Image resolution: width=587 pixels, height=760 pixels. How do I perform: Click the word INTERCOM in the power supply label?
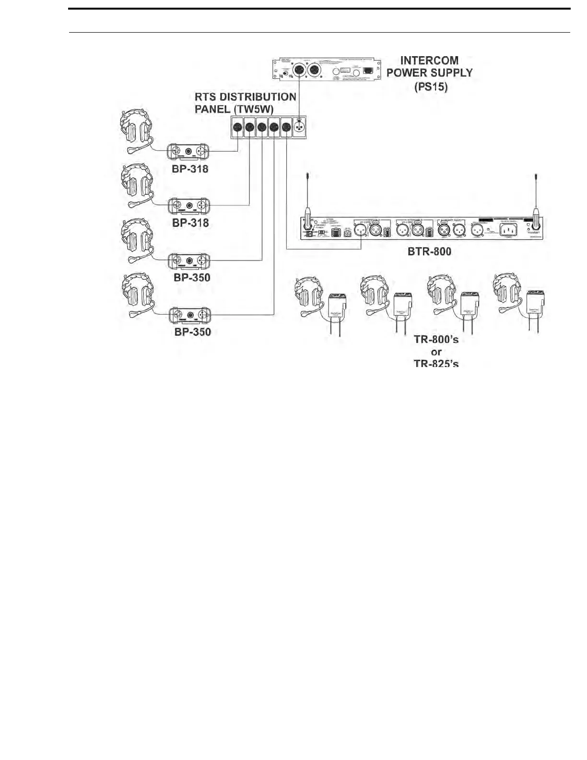click(x=429, y=60)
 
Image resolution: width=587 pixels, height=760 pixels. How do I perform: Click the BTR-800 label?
click(x=429, y=251)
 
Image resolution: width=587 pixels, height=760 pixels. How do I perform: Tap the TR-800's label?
click(x=436, y=340)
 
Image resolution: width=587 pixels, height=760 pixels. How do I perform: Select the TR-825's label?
click(x=436, y=363)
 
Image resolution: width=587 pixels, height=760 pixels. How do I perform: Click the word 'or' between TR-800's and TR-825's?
click(x=436, y=352)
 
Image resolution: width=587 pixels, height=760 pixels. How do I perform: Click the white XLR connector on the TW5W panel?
click(x=299, y=128)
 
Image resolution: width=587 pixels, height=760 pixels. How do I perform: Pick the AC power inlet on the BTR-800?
click(x=508, y=230)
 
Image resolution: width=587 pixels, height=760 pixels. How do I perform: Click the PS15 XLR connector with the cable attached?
click(x=299, y=70)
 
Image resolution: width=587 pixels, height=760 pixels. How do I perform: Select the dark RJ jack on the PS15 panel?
click(x=368, y=70)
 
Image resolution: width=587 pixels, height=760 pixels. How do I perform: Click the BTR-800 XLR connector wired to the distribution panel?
click(x=361, y=230)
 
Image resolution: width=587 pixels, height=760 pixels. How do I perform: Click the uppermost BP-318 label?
click(x=190, y=169)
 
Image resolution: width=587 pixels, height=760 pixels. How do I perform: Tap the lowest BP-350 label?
click(x=192, y=332)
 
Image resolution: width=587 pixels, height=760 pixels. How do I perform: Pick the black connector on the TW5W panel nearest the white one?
click(x=286, y=128)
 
